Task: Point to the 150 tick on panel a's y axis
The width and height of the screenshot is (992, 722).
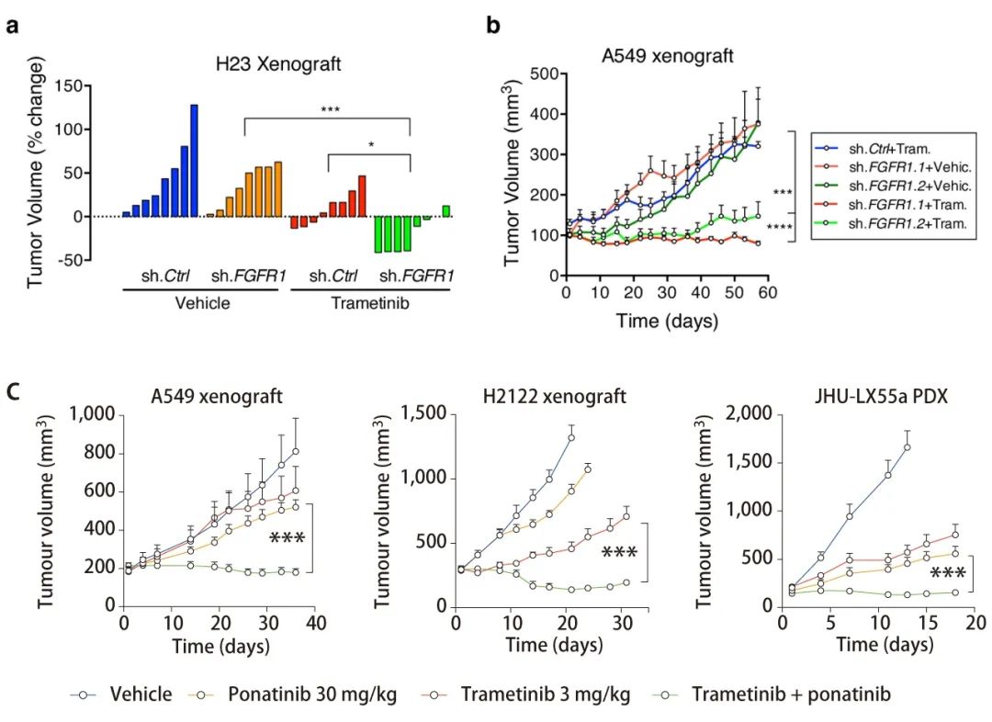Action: point(93,86)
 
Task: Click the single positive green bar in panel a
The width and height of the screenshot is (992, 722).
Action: point(446,211)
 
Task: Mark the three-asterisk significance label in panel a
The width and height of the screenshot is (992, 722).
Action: point(331,110)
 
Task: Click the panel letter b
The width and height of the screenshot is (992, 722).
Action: point(494,27)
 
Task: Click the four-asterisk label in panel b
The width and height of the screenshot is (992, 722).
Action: point(780,227)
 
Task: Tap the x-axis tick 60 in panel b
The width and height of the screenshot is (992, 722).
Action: point(765,292)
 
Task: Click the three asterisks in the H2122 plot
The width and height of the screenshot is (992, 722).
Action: point(619,553)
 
